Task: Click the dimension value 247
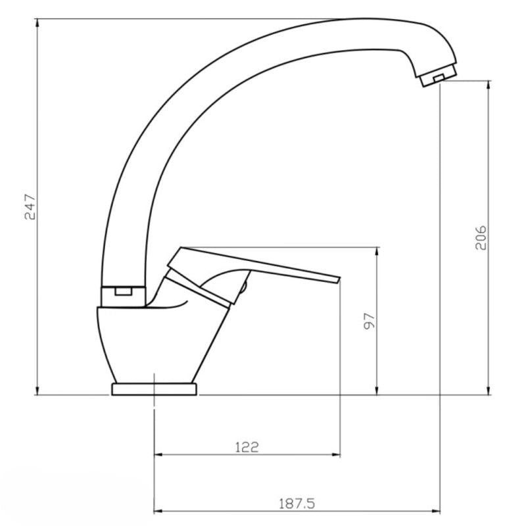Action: coord(30,206)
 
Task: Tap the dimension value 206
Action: coord(481,237)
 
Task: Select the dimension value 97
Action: coord(369,321)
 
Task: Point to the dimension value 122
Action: coord(247,447)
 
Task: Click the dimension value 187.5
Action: coord(297,504)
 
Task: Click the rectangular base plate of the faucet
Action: coord(155,389)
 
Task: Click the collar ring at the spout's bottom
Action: coord(124,297)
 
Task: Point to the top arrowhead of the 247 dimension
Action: coord(37,23)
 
